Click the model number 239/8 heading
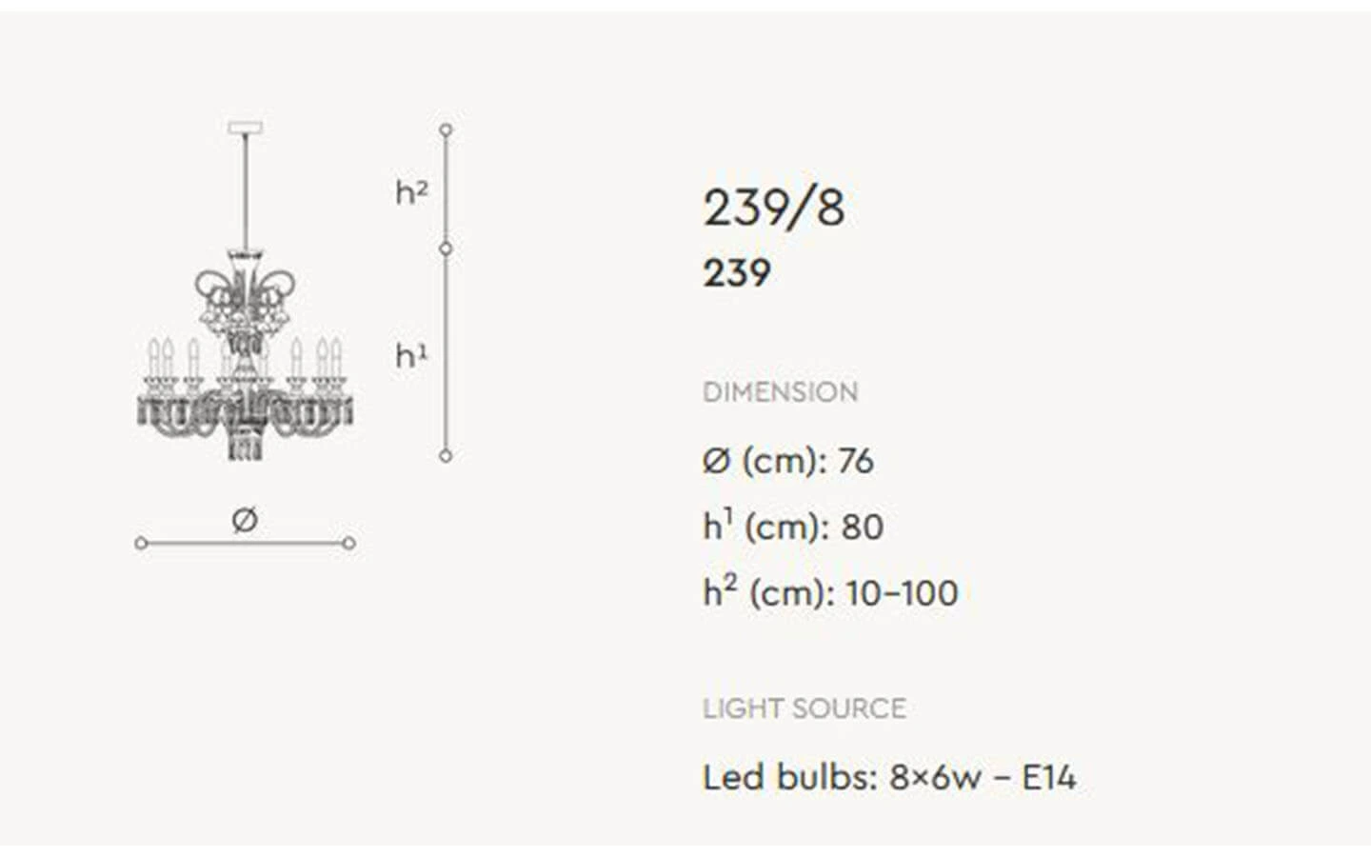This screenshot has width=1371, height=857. [774, 209]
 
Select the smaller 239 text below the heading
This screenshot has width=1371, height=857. [737, 273]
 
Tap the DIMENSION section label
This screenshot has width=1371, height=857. [781, 391]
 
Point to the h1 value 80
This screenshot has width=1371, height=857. [863, 527]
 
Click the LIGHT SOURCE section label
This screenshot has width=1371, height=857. [805, 708]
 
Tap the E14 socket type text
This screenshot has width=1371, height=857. [1049, 777]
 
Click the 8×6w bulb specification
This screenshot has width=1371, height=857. [935, 777]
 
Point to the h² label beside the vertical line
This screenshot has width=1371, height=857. [411, 192]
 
